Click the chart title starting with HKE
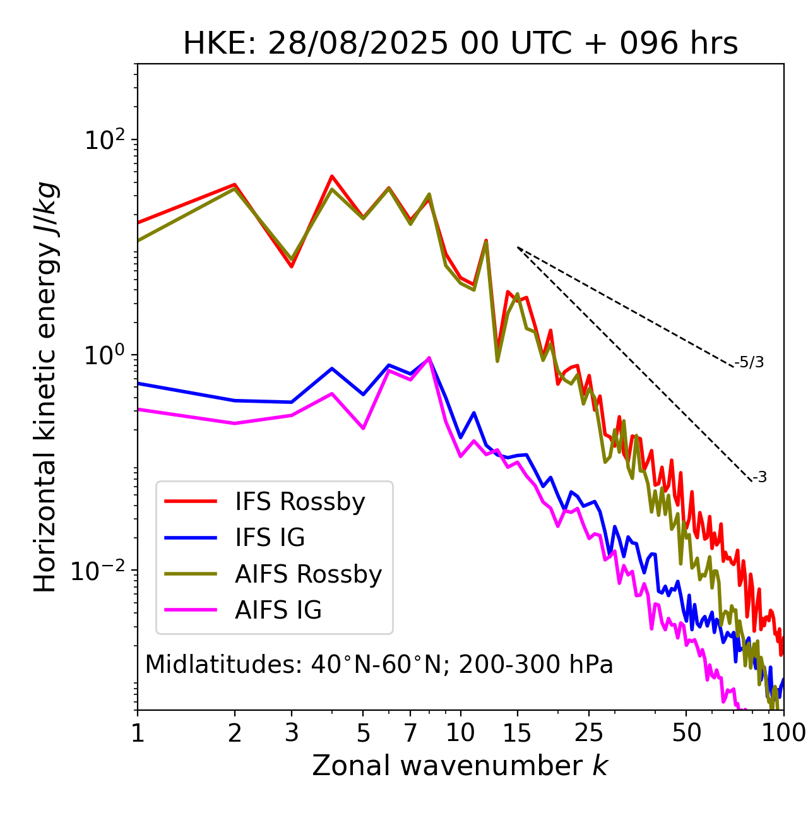[x=460, y=44]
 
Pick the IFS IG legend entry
[x=270, y=538]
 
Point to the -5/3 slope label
[x=749, y=362]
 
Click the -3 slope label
[x=759, y=477]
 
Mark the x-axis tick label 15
[x=517, y=733]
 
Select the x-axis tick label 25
[x=589, y=733]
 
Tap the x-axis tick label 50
[x=686, y=733]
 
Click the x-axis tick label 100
[x=783, y=733]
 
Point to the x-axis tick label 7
[x=410, y=733]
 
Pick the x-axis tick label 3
[x=291, y=733]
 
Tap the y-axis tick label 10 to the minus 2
[x=101, y=570]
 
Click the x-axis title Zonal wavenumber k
[x=460, y=766]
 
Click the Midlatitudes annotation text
[x=379, y=665]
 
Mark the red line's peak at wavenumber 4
[x=332, y=176]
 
